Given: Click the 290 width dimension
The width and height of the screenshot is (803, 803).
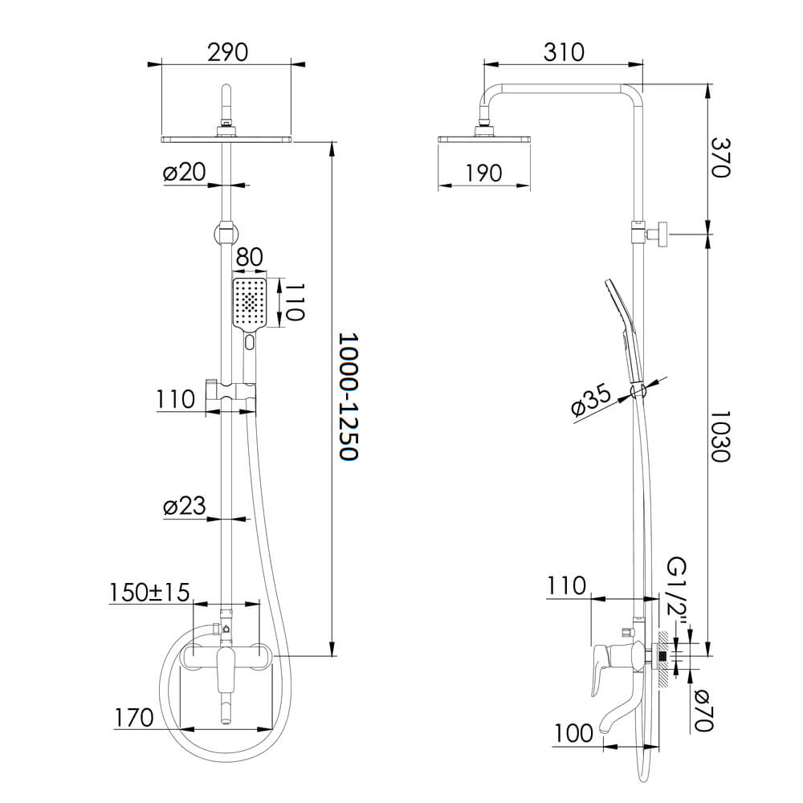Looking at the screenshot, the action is tap(227, 52).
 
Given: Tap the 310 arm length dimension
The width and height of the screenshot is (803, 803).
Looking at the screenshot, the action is tap(564, 52).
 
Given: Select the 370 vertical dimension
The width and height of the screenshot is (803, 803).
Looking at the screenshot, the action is tap(720, 157).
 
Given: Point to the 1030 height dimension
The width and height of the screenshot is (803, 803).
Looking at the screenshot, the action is tap(720, 436).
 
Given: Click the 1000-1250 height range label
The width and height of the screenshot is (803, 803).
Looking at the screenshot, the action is tap(349, 397).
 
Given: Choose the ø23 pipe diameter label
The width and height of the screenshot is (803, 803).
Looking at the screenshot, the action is tap(185, 506).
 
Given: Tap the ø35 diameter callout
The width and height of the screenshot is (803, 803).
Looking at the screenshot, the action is tap(592, 400).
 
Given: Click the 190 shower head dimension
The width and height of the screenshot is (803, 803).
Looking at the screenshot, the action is tap(483, 173).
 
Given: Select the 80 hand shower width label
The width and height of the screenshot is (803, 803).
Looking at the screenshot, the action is tap(250, 257).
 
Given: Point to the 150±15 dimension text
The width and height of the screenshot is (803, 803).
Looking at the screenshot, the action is tap(149, 593).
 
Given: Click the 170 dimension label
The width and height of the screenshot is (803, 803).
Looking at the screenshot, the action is tap(133, 717).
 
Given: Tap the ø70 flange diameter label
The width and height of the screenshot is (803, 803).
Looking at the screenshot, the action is tap(703, 711).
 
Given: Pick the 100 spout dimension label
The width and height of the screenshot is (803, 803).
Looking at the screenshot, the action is tap(573, 733).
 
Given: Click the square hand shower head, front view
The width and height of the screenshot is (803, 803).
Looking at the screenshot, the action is tap(250, 304).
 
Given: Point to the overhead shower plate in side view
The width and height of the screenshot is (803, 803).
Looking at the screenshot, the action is tap(484, 138).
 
